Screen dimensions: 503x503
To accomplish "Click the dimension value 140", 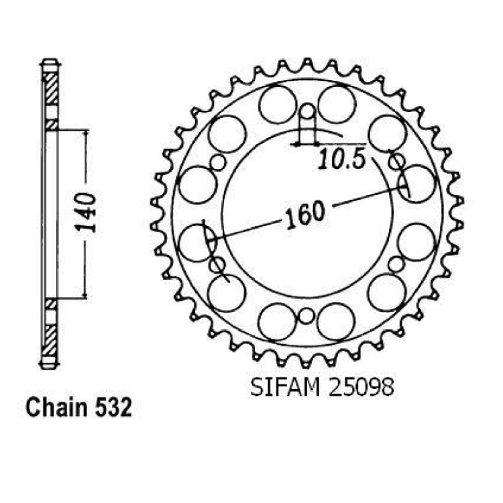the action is [85, 213].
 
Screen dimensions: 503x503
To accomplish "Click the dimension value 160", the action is [305, 214].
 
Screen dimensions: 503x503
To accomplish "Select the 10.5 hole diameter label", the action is [342, 160].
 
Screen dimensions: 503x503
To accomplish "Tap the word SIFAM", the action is [285, 388].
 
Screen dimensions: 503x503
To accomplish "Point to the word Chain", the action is [57, 407].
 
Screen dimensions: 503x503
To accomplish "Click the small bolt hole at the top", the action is [308, 111].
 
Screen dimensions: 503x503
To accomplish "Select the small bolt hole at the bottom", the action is [306, 317].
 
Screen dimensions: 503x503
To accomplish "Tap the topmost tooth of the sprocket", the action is [307, 62].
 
